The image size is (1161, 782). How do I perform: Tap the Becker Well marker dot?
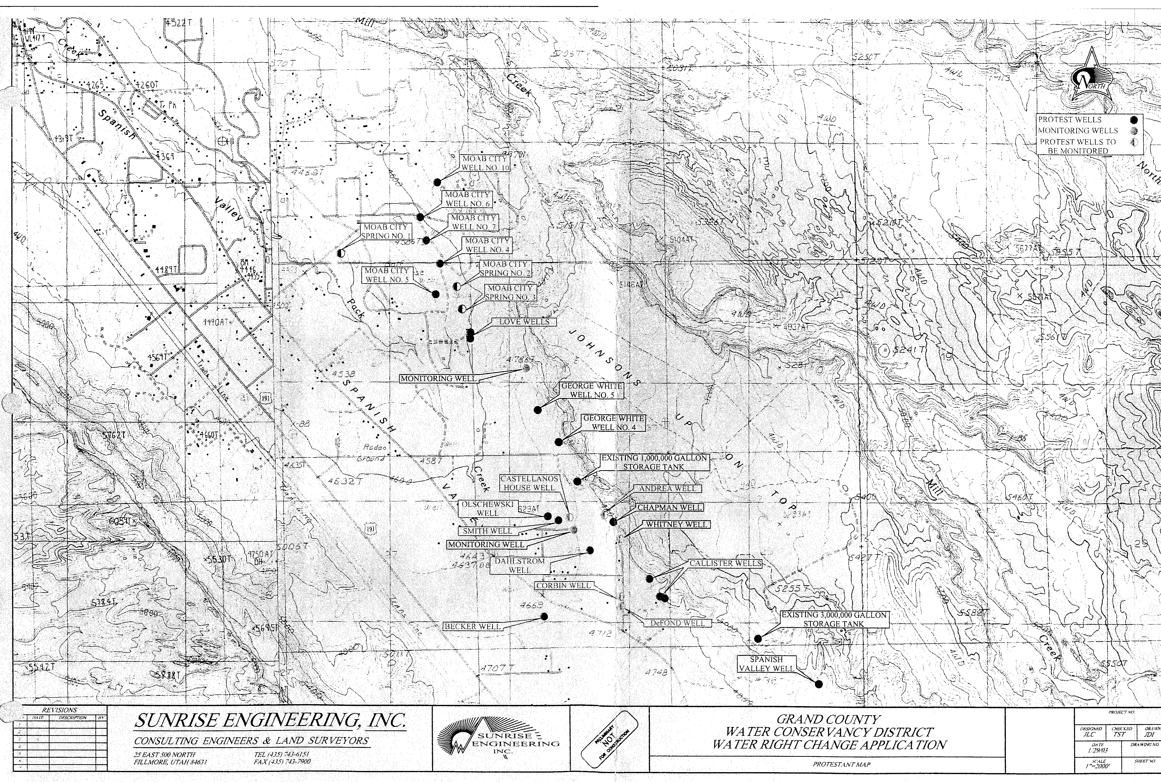point(544,616)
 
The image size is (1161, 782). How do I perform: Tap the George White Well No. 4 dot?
point(559,442)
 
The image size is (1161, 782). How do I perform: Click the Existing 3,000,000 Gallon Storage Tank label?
point(833,619)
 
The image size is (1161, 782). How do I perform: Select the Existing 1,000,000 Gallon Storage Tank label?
point(654,462)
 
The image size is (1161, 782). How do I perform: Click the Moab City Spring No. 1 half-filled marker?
point(341,253)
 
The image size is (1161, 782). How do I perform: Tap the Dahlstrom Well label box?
point(519,566)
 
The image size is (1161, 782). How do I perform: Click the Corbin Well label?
point(563,585)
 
